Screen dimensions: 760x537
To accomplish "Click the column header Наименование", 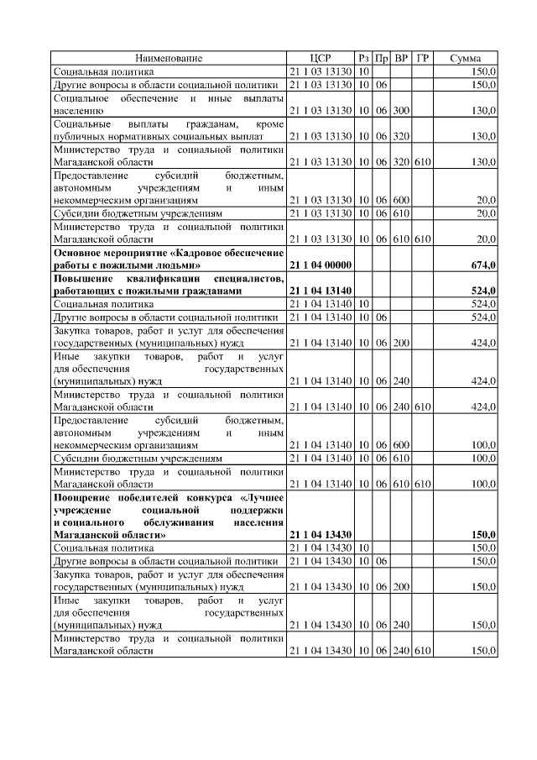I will coord(169,58).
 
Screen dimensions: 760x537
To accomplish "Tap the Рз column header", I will coord(363,58).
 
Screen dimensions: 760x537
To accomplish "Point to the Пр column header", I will coord(382,58).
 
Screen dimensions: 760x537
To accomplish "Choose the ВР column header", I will coord(402,58).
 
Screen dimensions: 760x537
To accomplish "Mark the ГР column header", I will coord(423,58).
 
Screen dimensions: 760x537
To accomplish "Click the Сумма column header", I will coord(465,58).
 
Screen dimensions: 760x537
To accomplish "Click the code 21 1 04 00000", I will coord(320,265).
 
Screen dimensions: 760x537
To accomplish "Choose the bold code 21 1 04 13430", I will coord(320,534).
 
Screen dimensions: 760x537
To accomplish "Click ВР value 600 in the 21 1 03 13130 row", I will coord(402,201).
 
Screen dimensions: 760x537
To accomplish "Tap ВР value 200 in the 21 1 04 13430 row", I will coord(402,586).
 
